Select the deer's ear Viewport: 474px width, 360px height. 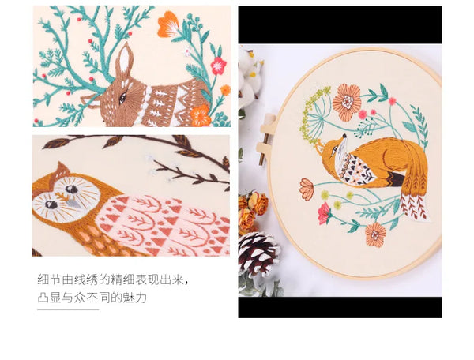point(123,60)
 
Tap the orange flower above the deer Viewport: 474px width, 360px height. point(167,24)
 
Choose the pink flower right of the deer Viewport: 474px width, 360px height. point(217,65)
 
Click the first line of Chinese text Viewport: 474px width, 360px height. point(115,279)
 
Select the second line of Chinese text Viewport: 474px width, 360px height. point(92,298)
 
